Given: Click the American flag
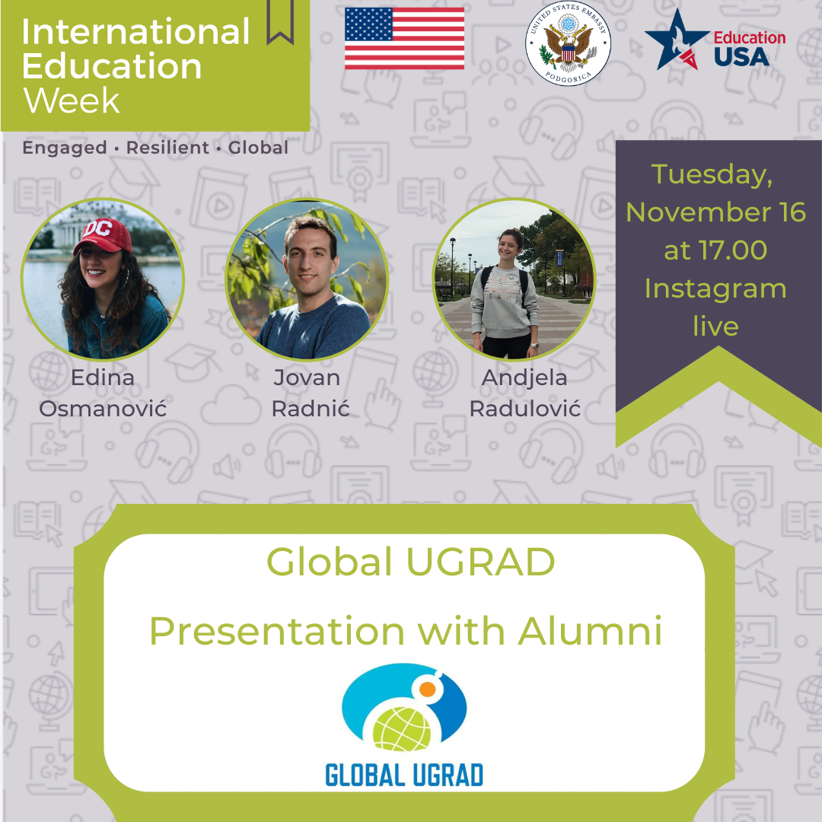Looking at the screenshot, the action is pyautogui.click(x=404, y=38).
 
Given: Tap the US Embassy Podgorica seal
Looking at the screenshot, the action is pyautogui.click(x=568, y=43).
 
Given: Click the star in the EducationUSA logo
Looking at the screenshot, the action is pyautogui.click(x=677, y=40).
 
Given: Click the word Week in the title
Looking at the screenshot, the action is pyautogui.click(x=72, y=100).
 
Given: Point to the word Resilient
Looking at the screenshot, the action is pyautogui.click(x=167, y=148).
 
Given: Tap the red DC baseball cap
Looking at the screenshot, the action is pyautogui.click(x=104, y=235).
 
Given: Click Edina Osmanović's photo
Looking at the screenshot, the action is pyautogui.click(x=102, y=279).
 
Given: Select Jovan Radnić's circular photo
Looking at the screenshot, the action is pyautogui.click(x=307, y=279).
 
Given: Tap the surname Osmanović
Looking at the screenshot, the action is pyautogui.click(x=103, y=409).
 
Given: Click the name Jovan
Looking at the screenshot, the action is pyautogui.click(x=307, y=378).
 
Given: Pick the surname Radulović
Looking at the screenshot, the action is pyautogui.click(x=524, y=409).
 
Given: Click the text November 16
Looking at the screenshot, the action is pyautogui.click(x=715, y=212).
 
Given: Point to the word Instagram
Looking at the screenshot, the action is pyautogui.click(x=715, y=289).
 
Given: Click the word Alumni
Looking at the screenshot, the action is pyautogui.click(x=591, y=631).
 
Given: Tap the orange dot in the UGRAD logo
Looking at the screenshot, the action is pyautogui.click(x=428, y=689).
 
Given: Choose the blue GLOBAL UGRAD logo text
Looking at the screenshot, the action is pyautogui.click(x=404, y=775).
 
